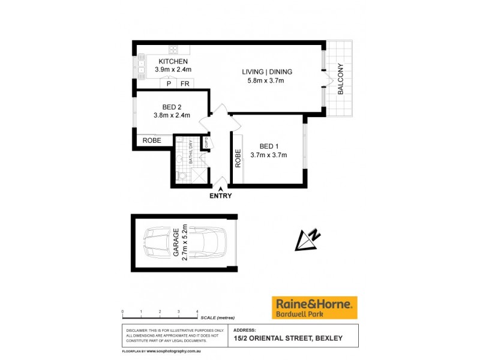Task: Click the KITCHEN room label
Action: (x=173, y=62)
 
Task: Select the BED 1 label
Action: (x=269, y=146)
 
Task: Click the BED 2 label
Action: (x=172, y=107)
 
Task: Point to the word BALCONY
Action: (x=341, y=79)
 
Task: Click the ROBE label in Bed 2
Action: (x=151, y=141)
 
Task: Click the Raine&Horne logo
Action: (x=314, y=307)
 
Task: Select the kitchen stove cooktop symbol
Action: (x=173, y=50)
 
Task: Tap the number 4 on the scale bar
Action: (x=197, y=311)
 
